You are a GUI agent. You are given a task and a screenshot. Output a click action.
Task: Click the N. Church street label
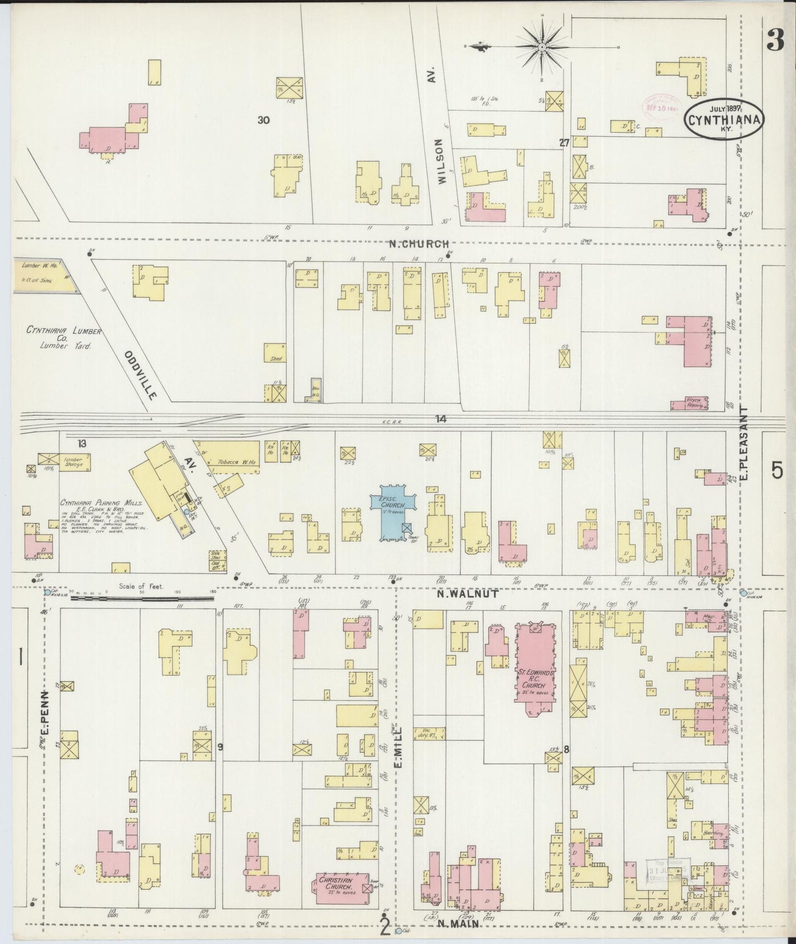tap(419, 244)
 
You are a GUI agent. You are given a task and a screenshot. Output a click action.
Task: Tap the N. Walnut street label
tap(468, 594)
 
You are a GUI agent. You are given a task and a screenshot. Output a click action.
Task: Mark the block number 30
tap(263, 120)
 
